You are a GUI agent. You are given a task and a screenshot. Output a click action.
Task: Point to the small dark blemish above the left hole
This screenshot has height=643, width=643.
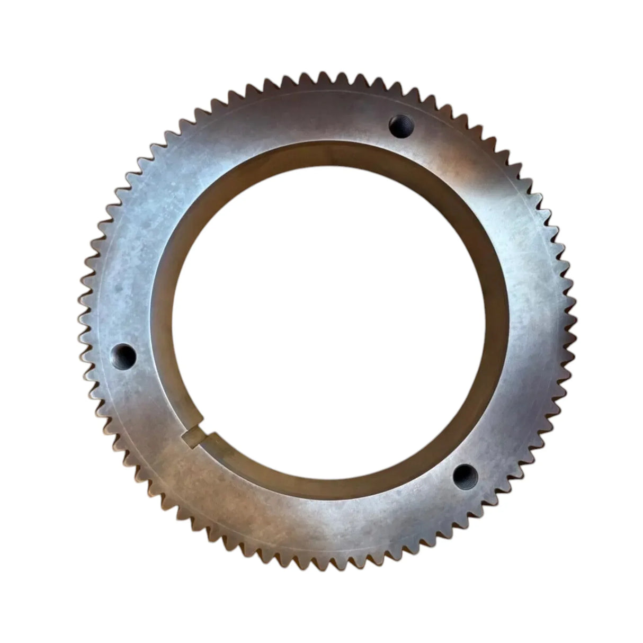click(119, 289)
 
